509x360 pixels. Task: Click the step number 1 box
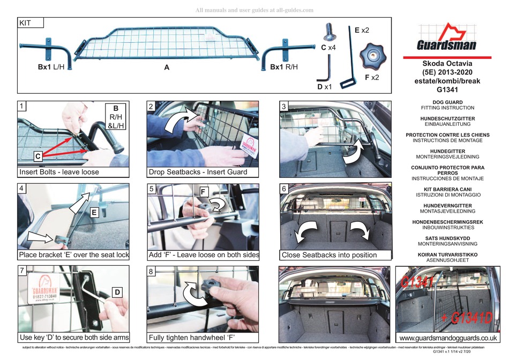point(21,107)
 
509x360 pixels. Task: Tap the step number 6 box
point(284,190)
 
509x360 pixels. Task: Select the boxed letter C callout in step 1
point(38,156)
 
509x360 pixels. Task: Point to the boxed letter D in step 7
point(117,292)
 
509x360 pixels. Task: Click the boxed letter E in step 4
point(93,212)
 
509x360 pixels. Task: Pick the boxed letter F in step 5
point(204,191)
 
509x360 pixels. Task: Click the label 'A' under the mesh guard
point(167,69)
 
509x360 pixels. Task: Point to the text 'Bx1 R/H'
point(283,67)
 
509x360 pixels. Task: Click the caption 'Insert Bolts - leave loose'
point(59,172)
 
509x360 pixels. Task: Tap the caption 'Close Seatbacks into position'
point(328,255)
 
